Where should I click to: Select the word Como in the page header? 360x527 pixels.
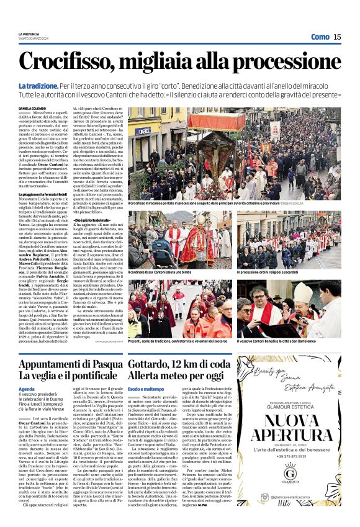(x=320, y=37)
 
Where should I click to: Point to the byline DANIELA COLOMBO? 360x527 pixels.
(x=32, y=109)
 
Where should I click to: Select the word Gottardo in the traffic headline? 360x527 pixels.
(x=151, y=364)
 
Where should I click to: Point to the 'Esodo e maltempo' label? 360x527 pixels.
(x=145, y=388)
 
